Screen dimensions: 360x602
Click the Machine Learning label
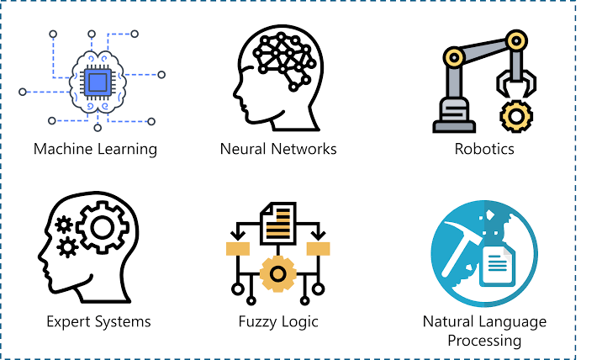click(x=95, y=150)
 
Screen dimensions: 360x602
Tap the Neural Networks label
click(x=277, y=150)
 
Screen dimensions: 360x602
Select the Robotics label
click(x=484, y=150)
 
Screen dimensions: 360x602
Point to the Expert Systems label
click(x=99, y=321)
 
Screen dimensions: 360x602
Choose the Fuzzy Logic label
click(x=278, y=321)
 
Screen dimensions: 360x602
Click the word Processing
click(x=484, y=341)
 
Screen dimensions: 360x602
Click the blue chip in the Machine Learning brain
click(x=98, y=81)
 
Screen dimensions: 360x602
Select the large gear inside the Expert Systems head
click(x=101, y=226)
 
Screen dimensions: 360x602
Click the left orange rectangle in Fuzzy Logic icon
click(x=238, y=248)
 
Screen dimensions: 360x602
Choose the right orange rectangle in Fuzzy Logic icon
click(x=318, y=248)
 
